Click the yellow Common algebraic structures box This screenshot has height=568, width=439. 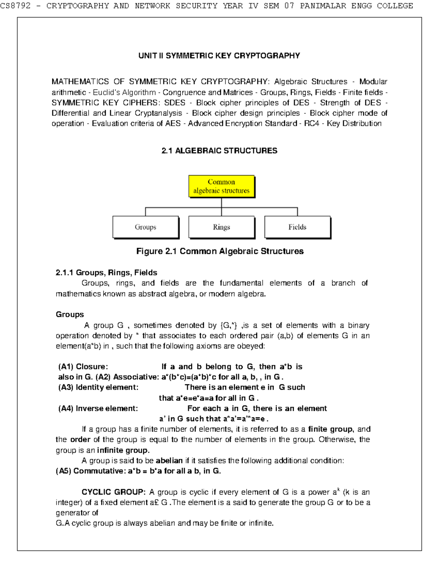pyautogui.click(x=221, y=186)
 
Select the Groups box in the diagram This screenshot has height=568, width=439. pyautogui.click(x=145, y=227)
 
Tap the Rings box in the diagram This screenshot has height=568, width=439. pyautogui.click(x=221, y=227)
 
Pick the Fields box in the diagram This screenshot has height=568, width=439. pyautogui.click(x=297, y=227)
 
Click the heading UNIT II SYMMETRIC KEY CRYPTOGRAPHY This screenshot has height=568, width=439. pyautogui.click(x=219, y=56)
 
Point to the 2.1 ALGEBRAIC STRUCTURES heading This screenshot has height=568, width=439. pyautogui.click(x=219, y=151)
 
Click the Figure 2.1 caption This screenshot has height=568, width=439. pyautogui.click(x=219, y=251)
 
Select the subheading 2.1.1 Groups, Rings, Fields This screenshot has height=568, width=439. pyautogui.click(x=106, y=272)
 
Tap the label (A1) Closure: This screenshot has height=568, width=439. pyautogui.click(x=83, y=366)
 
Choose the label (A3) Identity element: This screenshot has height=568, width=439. pyautogui.click(x=98, y=387)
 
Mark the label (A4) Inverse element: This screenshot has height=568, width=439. pyautogui.click(x=98, y=408)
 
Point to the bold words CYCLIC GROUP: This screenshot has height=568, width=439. pyautogui.click(x=113, y=492)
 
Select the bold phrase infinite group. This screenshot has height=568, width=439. pyautogui.click(x=123, y=450)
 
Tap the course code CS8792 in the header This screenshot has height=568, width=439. pyautogui.click(x=15, y=6)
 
